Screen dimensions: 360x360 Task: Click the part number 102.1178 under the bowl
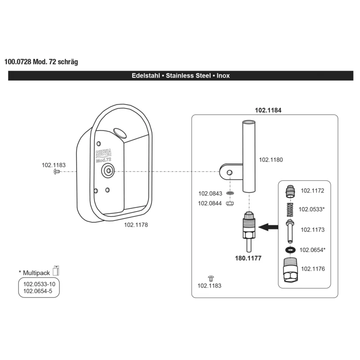136,225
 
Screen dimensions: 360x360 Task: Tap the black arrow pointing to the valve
268,227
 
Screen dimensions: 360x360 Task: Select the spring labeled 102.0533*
290,209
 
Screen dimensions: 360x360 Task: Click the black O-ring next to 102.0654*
290,250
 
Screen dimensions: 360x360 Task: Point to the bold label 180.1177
248,258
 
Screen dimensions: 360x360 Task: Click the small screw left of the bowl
57,171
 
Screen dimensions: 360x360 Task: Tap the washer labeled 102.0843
229,193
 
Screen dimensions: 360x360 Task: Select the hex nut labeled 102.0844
229,203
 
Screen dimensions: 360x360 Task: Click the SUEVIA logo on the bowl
103,153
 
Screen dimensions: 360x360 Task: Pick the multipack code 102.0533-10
39,284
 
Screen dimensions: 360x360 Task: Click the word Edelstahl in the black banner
146,76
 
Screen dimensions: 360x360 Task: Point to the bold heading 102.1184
268,110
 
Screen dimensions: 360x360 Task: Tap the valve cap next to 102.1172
290,192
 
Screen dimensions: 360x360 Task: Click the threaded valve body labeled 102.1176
290,270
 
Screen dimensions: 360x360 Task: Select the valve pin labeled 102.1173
290,231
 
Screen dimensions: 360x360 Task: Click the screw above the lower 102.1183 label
211,278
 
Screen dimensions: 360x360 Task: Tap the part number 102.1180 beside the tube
271,160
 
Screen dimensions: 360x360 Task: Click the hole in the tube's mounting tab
229,172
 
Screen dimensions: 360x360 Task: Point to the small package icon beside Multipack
56,270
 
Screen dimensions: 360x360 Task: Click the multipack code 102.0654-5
38,291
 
